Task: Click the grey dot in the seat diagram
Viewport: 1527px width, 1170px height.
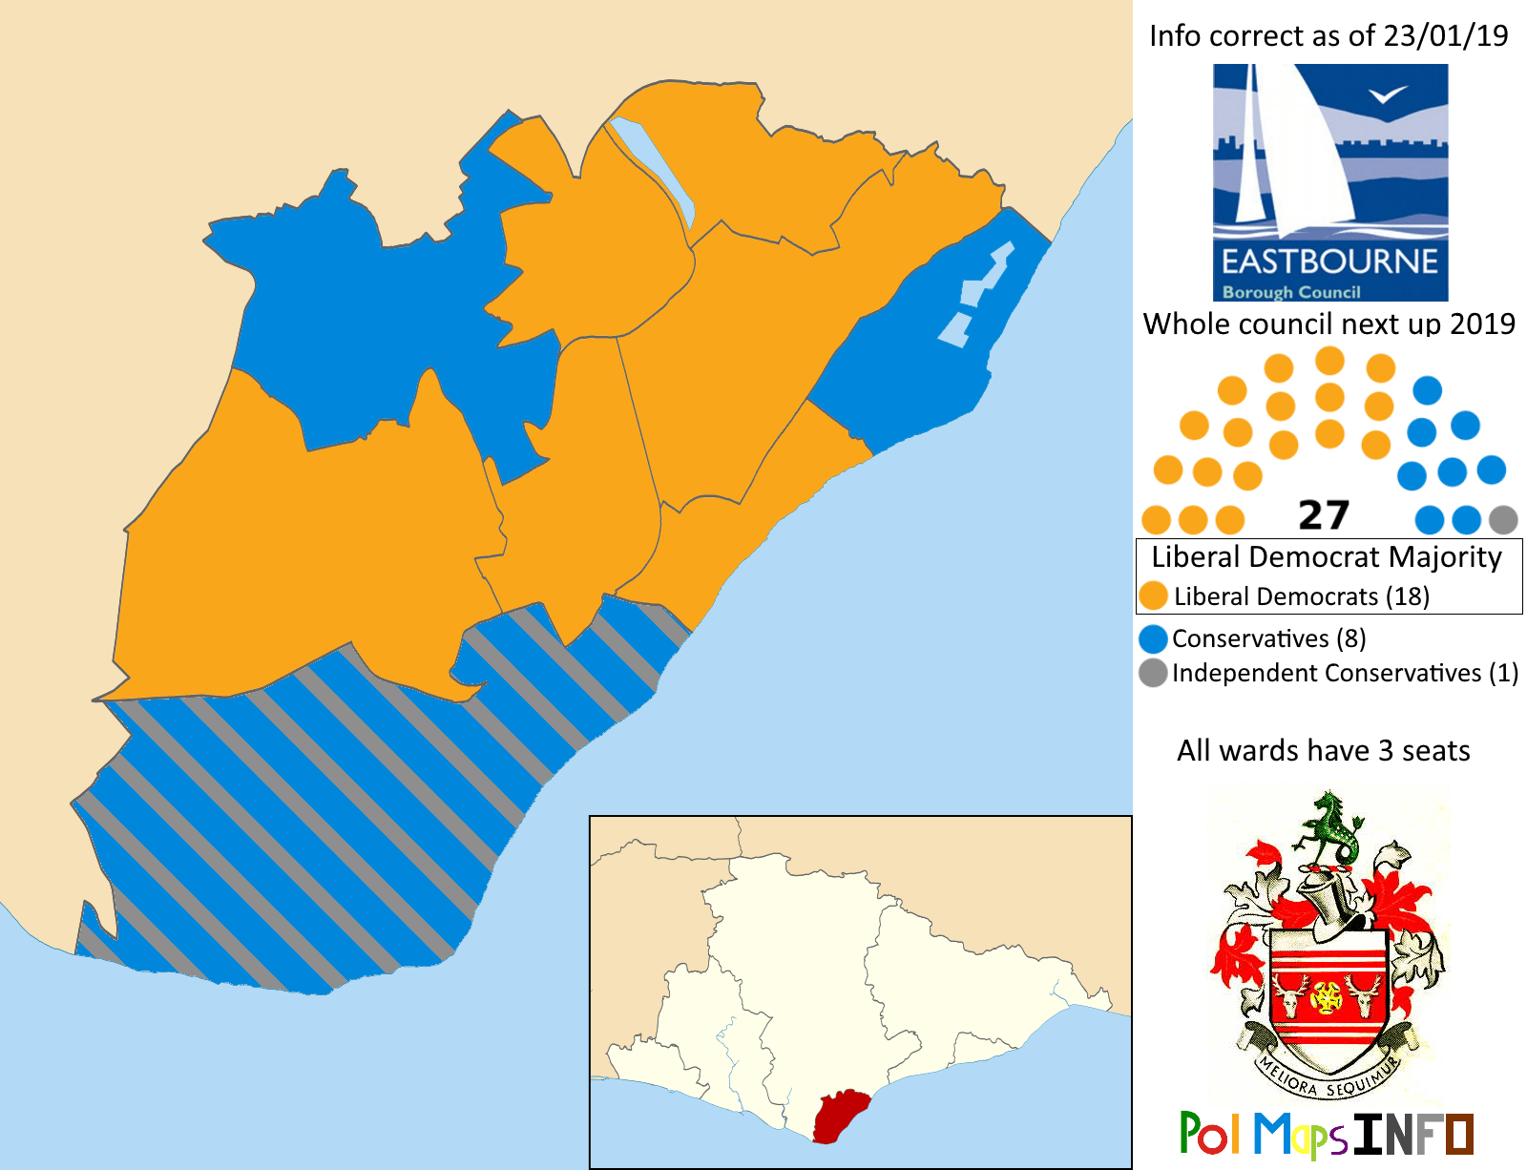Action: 1502,520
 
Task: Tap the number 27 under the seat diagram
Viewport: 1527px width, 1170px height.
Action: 1324,516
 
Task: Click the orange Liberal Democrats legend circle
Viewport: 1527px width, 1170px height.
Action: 1154,596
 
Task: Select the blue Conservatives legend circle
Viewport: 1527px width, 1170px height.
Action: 1153,638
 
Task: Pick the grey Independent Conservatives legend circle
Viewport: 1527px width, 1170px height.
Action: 1153,673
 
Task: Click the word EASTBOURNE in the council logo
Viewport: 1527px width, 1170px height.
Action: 1329,261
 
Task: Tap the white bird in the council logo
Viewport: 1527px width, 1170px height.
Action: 1388,94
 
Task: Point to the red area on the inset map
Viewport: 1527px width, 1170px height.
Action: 839,1117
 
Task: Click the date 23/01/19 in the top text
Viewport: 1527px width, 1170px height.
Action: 1446,36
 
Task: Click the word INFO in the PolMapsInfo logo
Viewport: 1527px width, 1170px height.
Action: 1412,1135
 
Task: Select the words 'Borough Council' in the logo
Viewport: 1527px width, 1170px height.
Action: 1291,292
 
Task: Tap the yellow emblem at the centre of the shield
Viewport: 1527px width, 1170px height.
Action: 1327,997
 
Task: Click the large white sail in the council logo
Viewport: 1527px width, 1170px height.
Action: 1312,153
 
